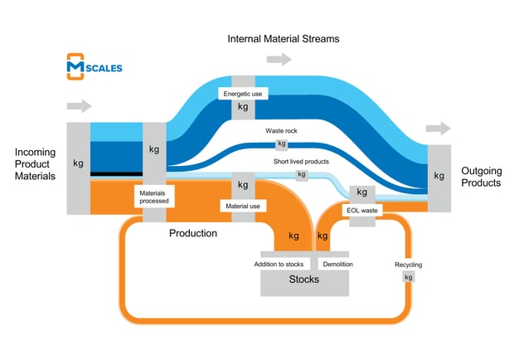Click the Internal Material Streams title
tap(284, 39)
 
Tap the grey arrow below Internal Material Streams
tap(279, 60)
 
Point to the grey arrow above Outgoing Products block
tap(439, 129)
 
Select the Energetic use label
tap(243, 95)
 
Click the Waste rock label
tap(282, 131)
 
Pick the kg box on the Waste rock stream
tap(283, 144)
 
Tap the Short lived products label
tap(301, 161)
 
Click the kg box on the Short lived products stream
tap(301, 174)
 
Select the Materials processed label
tap(154, 197)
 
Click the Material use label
tap(243, 204)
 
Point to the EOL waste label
tap(364, 211)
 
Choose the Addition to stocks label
tap(284, 264)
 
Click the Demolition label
tap(337, 264)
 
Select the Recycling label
tap(408, 265)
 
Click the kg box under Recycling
tap(408, 277)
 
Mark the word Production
tap(193, 233)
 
